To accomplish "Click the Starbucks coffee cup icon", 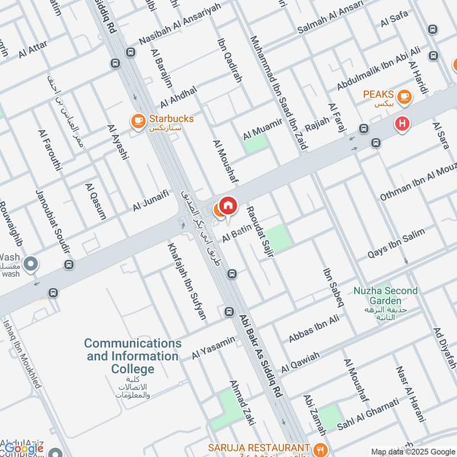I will pyautogui.click(x=138, y=121).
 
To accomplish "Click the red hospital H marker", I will pyautogui.click(x=403, y=123).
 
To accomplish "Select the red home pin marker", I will pyautogui.click(x=228, y=205).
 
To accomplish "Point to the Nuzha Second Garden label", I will pyautogui.click(x=385, y=295).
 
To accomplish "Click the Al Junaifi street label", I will pyautogui.click(x=151, y=201).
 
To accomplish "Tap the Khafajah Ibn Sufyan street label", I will pyautogui.click(x=187, y=281).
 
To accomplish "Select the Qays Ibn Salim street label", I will pyautogui.click(x=396, y=242).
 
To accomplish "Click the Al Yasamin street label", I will pyautogui.click(x=213, y=347).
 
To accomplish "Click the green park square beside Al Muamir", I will pyautogui.click(x=256, y=143).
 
